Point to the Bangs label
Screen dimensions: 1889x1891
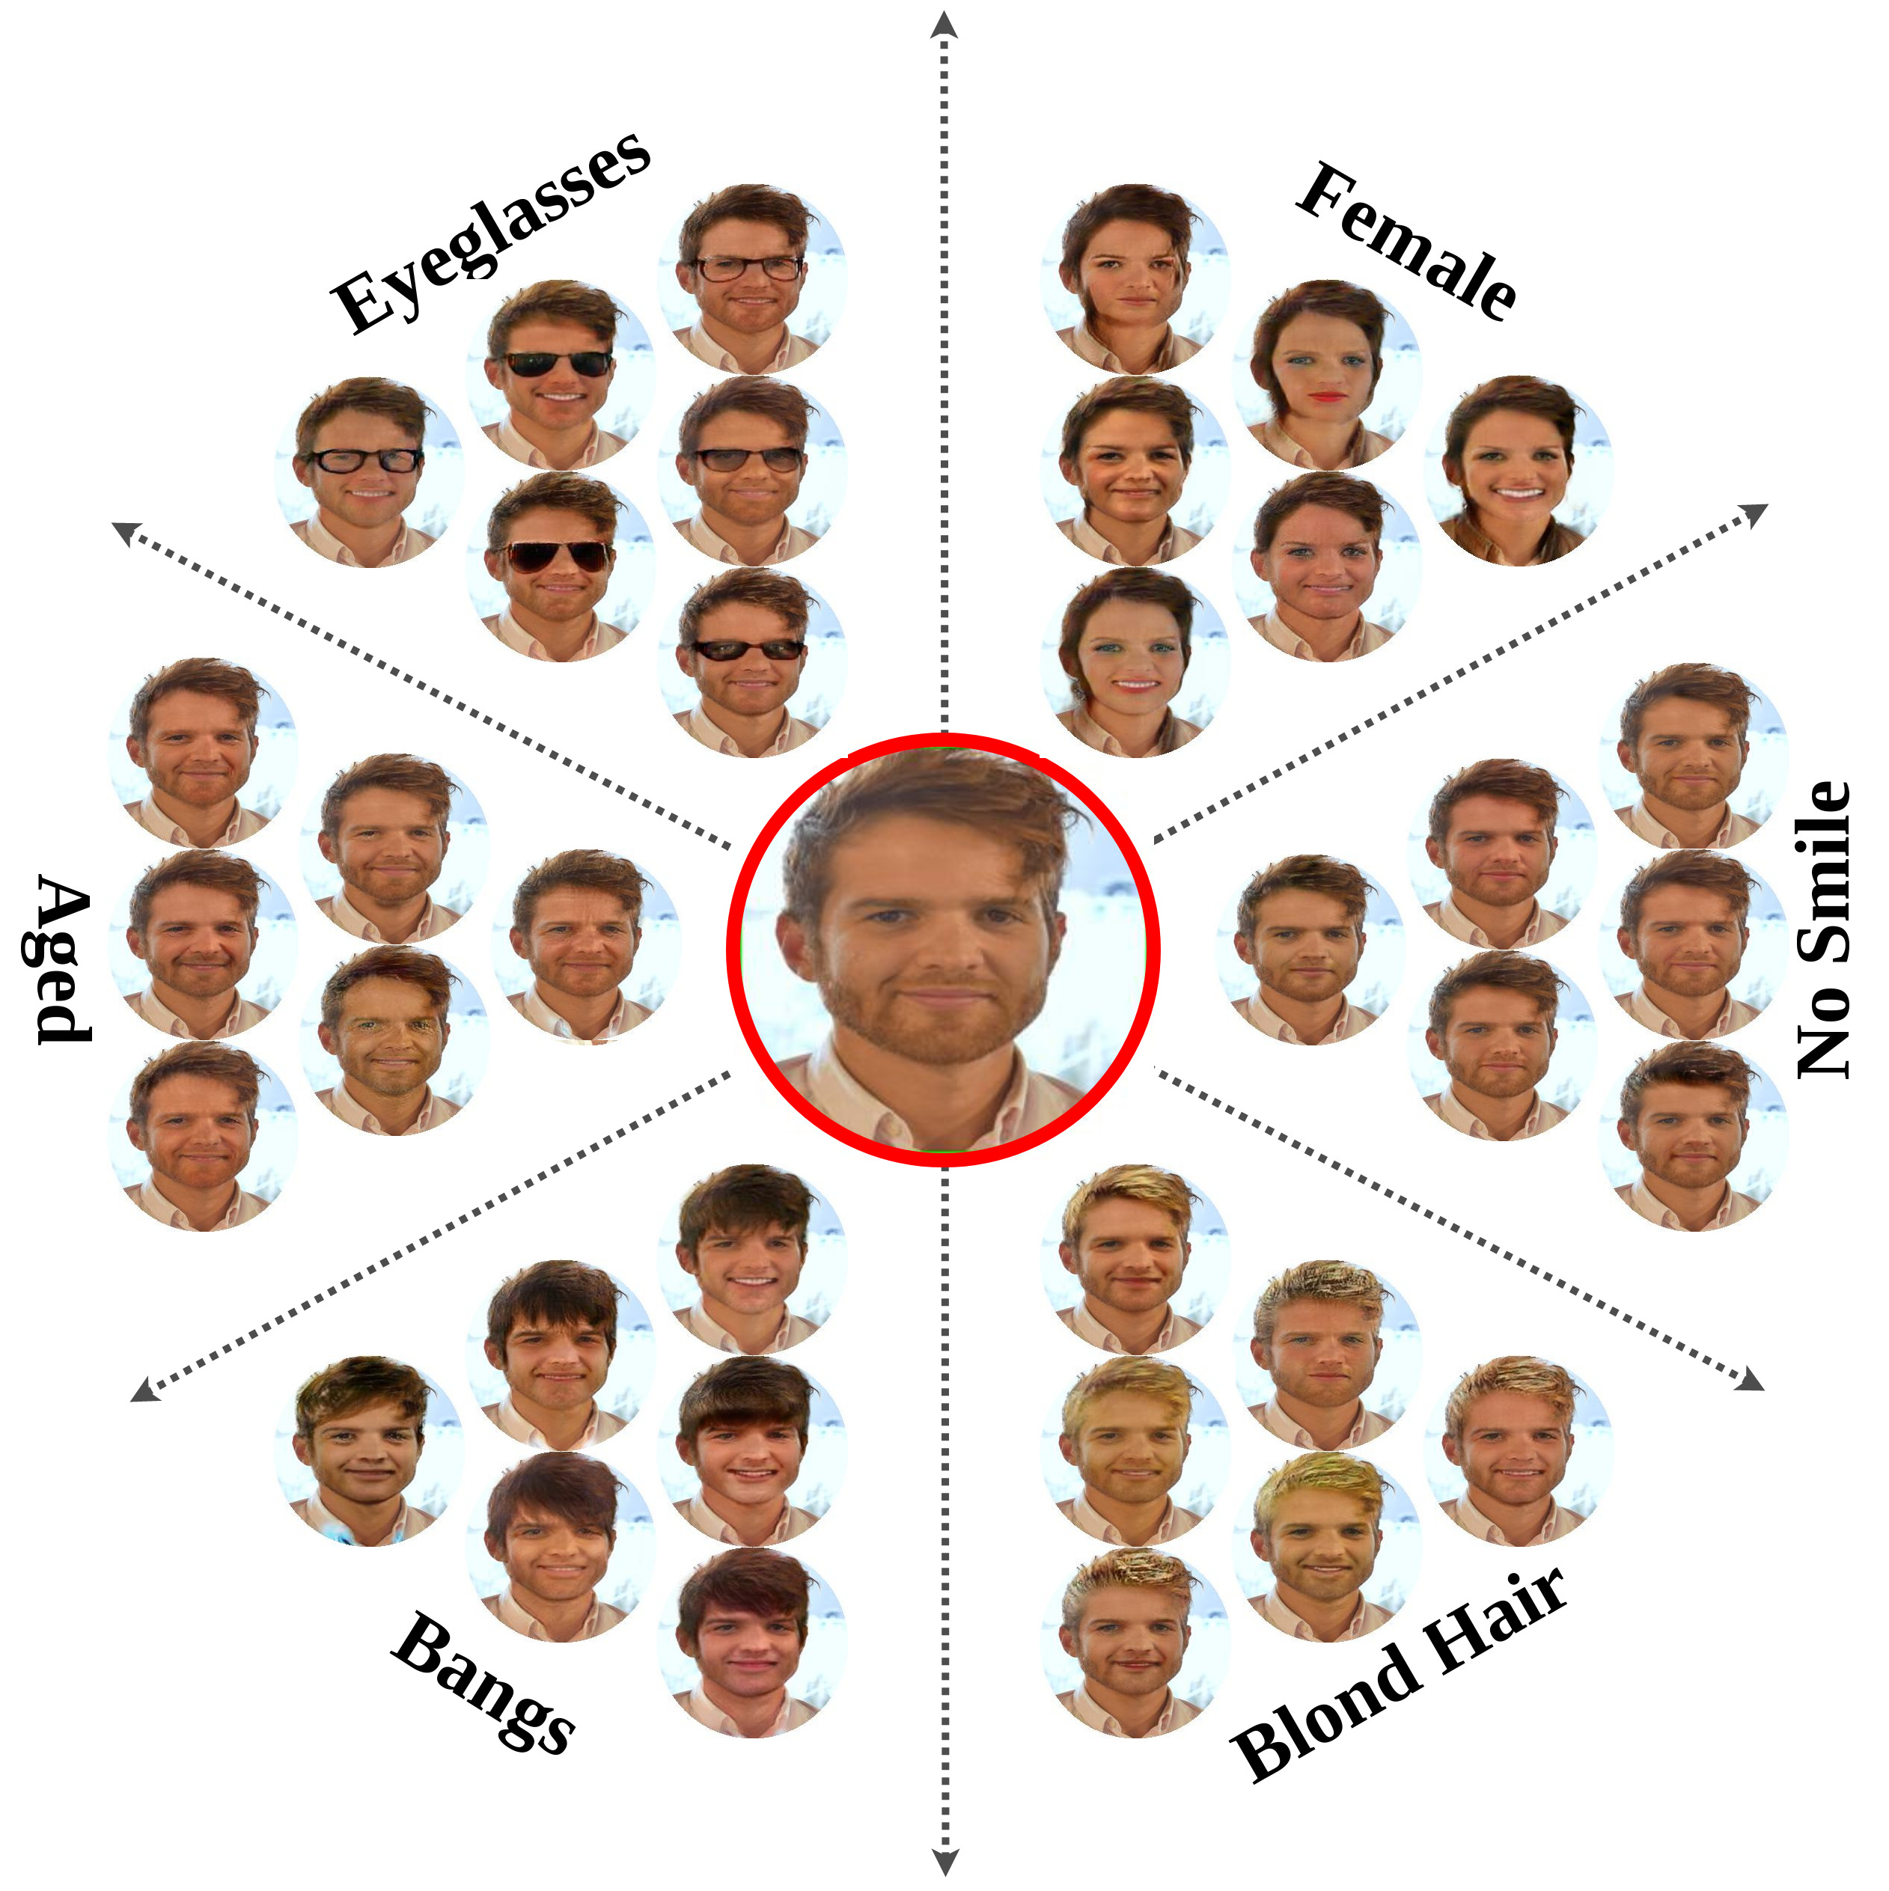[x=483, y=1681]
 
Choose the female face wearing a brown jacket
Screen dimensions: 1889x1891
[x=1517, y=470]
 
